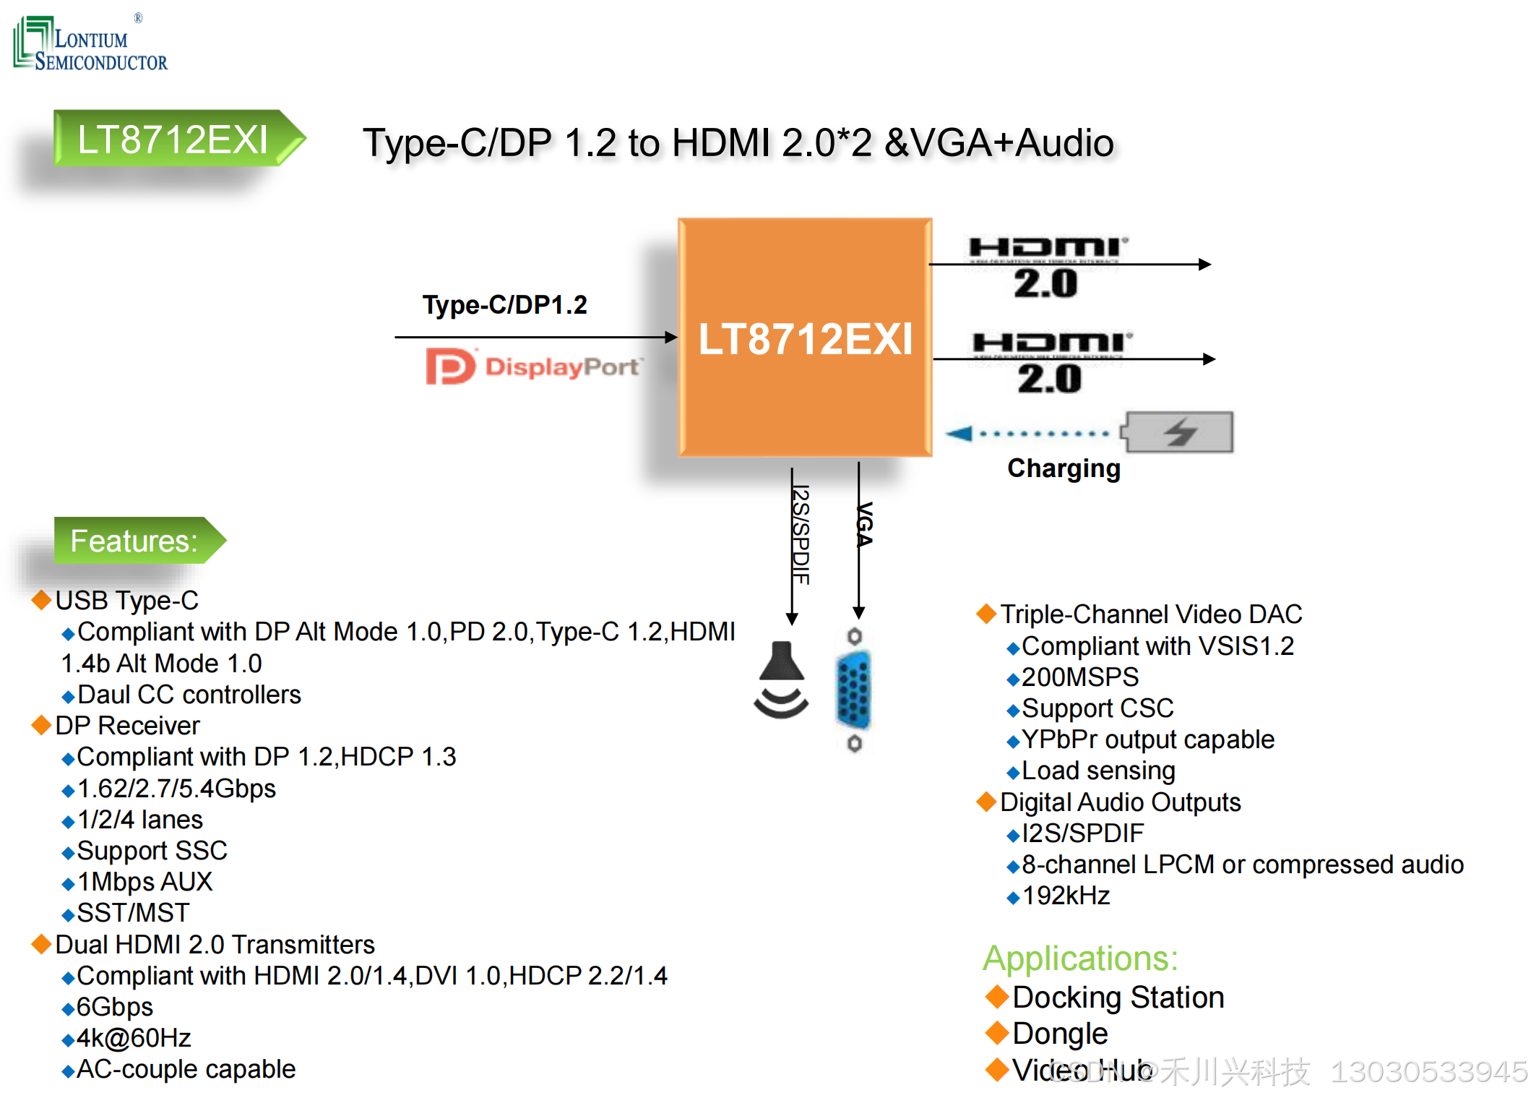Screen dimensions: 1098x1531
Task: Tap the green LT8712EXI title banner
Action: tap(173, 139)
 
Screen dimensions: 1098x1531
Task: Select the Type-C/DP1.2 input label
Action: tap(504, 305)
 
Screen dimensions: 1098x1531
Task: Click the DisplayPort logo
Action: tap(532, 366)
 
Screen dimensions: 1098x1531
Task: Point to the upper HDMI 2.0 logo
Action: tap(1047, 266)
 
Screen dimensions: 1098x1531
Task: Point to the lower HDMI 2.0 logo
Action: tap(1051, 362)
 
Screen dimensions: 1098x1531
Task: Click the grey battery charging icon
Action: tap(1178, 432)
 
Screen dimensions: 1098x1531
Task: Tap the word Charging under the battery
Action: tap(1064, 468)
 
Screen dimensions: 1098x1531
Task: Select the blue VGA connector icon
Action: tap(854, 690)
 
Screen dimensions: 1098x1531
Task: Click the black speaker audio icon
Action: tap(781, 679)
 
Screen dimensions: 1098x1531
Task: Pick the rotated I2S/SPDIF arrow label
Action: tap(801, 535)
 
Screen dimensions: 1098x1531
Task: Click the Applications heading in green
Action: tap(1080, 958)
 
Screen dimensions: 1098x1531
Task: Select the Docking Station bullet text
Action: tap(1118, 998)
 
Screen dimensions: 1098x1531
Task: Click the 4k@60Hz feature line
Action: tap(134, 1038)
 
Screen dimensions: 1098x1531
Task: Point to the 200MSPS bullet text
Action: tap(1080, 677)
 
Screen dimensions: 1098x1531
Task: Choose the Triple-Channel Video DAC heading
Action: tap(1150, 614)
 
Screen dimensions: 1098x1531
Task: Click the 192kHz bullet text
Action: tap(1066, 896)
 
